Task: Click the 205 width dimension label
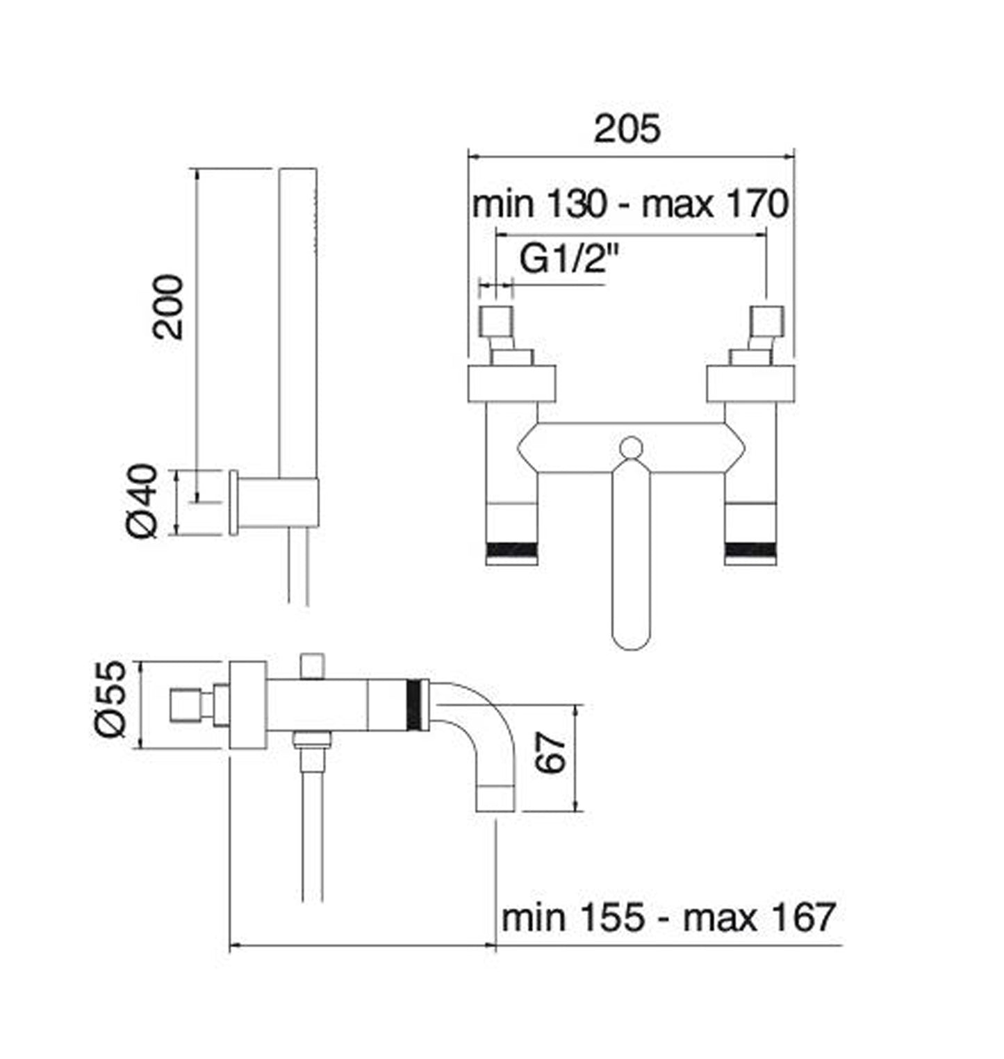pyautogui.click(x=627, y=129)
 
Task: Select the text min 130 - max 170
pyautogui.click(x=629, y=204)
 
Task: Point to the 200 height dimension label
pyautogui.click(x=169, y=306)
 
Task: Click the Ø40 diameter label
pyautogui.click(x=143, y=501)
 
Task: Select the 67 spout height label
pyautogui.click(x=552, y=753)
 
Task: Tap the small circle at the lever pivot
pyautogui.click(x=631, y=447)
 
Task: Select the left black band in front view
pyautogui.click(x=512, y=550)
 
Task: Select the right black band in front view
pyautogui.click(x=750, y=550)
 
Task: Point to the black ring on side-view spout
pyautogui.click(x=416, y=705)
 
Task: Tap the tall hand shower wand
pyautogui.click(x=297, y=319)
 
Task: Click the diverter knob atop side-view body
pyautogui.click(x=313, y=665)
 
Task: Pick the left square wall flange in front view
pyautogui.click(x=511, y=383)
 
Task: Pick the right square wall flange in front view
pyautogui.click(x=750, y=383)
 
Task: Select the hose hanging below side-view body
pyautogui.click(x=313, y=833)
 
